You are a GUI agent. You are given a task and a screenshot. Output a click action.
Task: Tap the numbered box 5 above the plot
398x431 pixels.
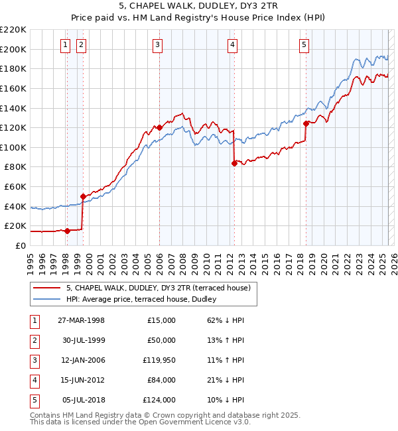pos(304,45)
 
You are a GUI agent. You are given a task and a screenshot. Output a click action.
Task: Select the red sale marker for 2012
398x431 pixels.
pos(234,163)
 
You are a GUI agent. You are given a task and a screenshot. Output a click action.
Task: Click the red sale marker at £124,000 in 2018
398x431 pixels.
pos(306,123)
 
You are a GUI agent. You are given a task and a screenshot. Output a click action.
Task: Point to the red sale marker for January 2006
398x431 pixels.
pos(159,127)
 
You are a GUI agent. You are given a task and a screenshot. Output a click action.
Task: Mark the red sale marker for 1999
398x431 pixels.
pos(83,196)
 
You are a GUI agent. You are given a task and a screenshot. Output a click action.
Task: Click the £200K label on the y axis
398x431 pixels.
pos(13,49)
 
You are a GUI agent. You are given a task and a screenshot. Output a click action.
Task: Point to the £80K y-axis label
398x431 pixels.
pos(16,167)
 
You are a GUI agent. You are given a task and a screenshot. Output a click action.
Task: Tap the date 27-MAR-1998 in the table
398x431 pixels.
pos(82,320)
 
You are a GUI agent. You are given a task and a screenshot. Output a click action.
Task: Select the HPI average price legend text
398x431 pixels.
pos(146,300)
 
